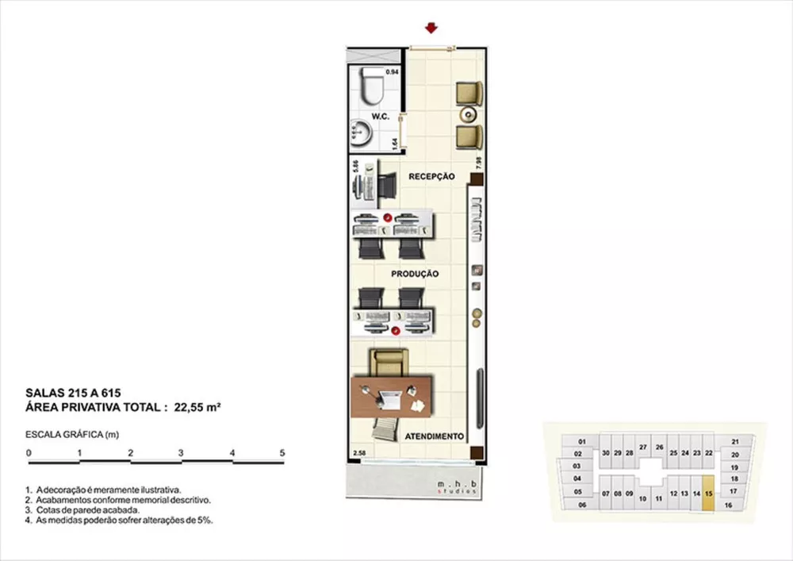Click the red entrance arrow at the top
431,29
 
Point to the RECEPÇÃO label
431,176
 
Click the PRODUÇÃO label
415,273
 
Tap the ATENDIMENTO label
434,436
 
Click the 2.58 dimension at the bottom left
359,454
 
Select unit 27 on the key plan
643,448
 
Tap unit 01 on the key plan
580,441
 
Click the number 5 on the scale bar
282,452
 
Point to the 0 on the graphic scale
29,452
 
